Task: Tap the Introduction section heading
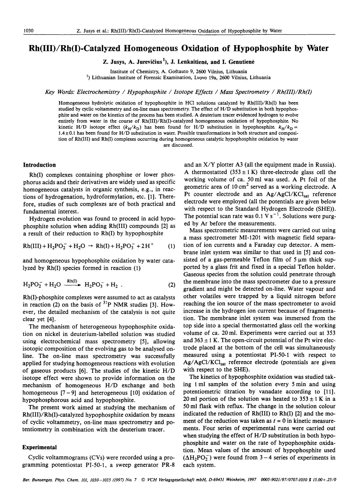[39, 165]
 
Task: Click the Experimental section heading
[40, 447]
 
